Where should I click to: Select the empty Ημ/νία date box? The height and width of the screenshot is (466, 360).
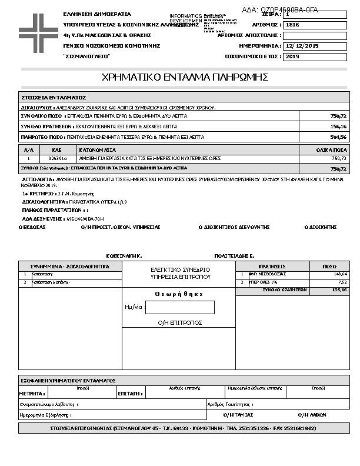(179, 307)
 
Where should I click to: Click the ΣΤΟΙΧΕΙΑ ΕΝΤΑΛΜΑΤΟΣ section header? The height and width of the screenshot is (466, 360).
(54, 97)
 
